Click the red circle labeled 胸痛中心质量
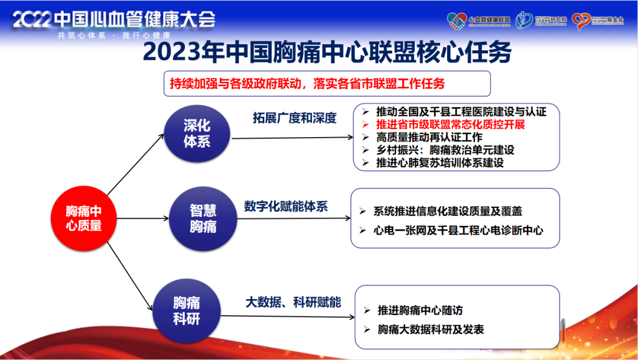[x=83, y=218]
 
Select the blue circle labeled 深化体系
[x=197, y=134]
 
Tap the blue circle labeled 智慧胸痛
[x=203, y=218]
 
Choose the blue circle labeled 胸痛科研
[x=186, y=311]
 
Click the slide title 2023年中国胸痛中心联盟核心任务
[x=327, y=53]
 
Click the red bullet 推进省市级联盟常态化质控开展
[x=450, y=124]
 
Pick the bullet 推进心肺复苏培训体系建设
[x=440, y=162]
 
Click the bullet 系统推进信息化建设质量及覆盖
[x=447, y=211]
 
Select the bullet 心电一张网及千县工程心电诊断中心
[x=458, y=230]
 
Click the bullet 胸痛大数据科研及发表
[x=431, y=329]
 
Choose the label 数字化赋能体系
[x=285, y=206]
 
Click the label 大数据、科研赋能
[x=293, y=302]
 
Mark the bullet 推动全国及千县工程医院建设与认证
[x=461, y=111]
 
